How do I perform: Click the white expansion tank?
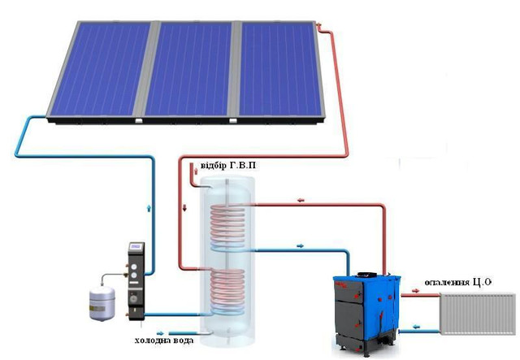pyautogui.click(x=102, y=304)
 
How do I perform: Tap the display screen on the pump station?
pyautogui.click(x=136, y=246)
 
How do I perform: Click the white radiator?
pyautogui.click(x=478, y=314)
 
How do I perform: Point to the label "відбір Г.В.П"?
pyautogui.click(x=228, y=165)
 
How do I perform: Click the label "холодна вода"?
pyautogui.click(x=164, y=340)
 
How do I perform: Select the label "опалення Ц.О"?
pyautogui.click(x=457, y=282)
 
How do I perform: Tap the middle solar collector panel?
pyautogui.click(x=189, y=69)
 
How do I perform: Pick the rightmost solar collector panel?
pyautogui.click(x=280, y=69)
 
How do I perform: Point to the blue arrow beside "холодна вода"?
pyautogui.click(x=160, y=333)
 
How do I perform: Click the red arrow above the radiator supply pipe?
pyautogui.click(x=415, y=291)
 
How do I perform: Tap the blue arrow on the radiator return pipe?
pyautogui.click(x=416, y=327)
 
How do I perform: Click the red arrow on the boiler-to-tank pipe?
pyautogui.click(x=301, y=200)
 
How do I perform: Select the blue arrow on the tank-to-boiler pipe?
pyautogui.click(x=300, y=246)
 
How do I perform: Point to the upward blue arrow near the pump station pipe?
pyautogui.click(x=149, y=208)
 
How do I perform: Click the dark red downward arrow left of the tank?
pyautogui.click(x=184, y=208)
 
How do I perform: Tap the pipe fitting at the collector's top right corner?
pyautogui.click(x=319, y=25)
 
